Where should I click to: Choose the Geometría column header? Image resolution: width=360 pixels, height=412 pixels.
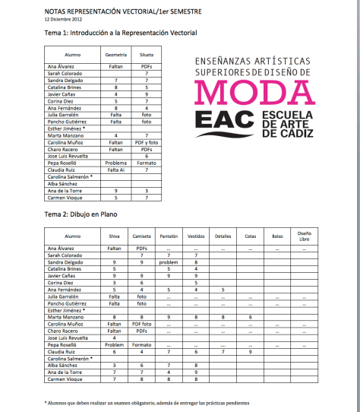coord(115,55)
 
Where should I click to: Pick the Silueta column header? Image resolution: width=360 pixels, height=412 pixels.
coord(146,55)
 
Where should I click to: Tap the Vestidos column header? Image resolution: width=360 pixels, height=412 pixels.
coord(195,236)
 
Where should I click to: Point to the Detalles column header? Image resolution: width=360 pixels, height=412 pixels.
coord(223,236)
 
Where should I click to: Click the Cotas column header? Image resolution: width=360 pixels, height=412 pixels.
coord(250,236)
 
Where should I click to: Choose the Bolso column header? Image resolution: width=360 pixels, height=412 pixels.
coord(276,236)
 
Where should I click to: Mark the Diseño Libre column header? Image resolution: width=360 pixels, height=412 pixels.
coord(304,236)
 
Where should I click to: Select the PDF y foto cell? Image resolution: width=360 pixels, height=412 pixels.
coord(146,142)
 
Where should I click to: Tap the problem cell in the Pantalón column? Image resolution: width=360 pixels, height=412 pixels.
coord(167,261)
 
